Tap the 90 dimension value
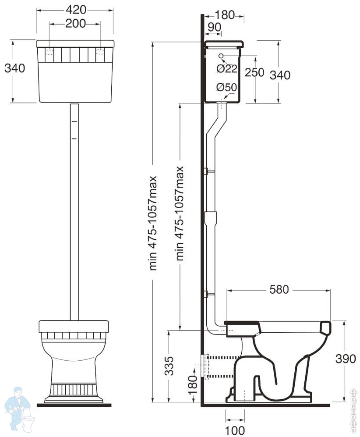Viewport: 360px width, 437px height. [214, 27]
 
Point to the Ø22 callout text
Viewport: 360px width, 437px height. [227, 68]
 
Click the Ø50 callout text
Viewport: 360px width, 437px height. [226, 87]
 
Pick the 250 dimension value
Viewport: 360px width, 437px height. [254, 72]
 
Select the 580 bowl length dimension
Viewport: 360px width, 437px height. [279, 290]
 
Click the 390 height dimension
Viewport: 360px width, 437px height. [346, 359]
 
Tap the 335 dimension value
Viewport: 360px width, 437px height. [170, 366]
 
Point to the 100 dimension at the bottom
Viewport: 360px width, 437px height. [235, 430]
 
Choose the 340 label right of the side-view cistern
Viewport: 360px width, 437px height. [280, 75]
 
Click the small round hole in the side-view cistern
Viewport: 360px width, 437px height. [221, 56]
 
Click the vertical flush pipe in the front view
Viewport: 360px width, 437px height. [74, 210]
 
